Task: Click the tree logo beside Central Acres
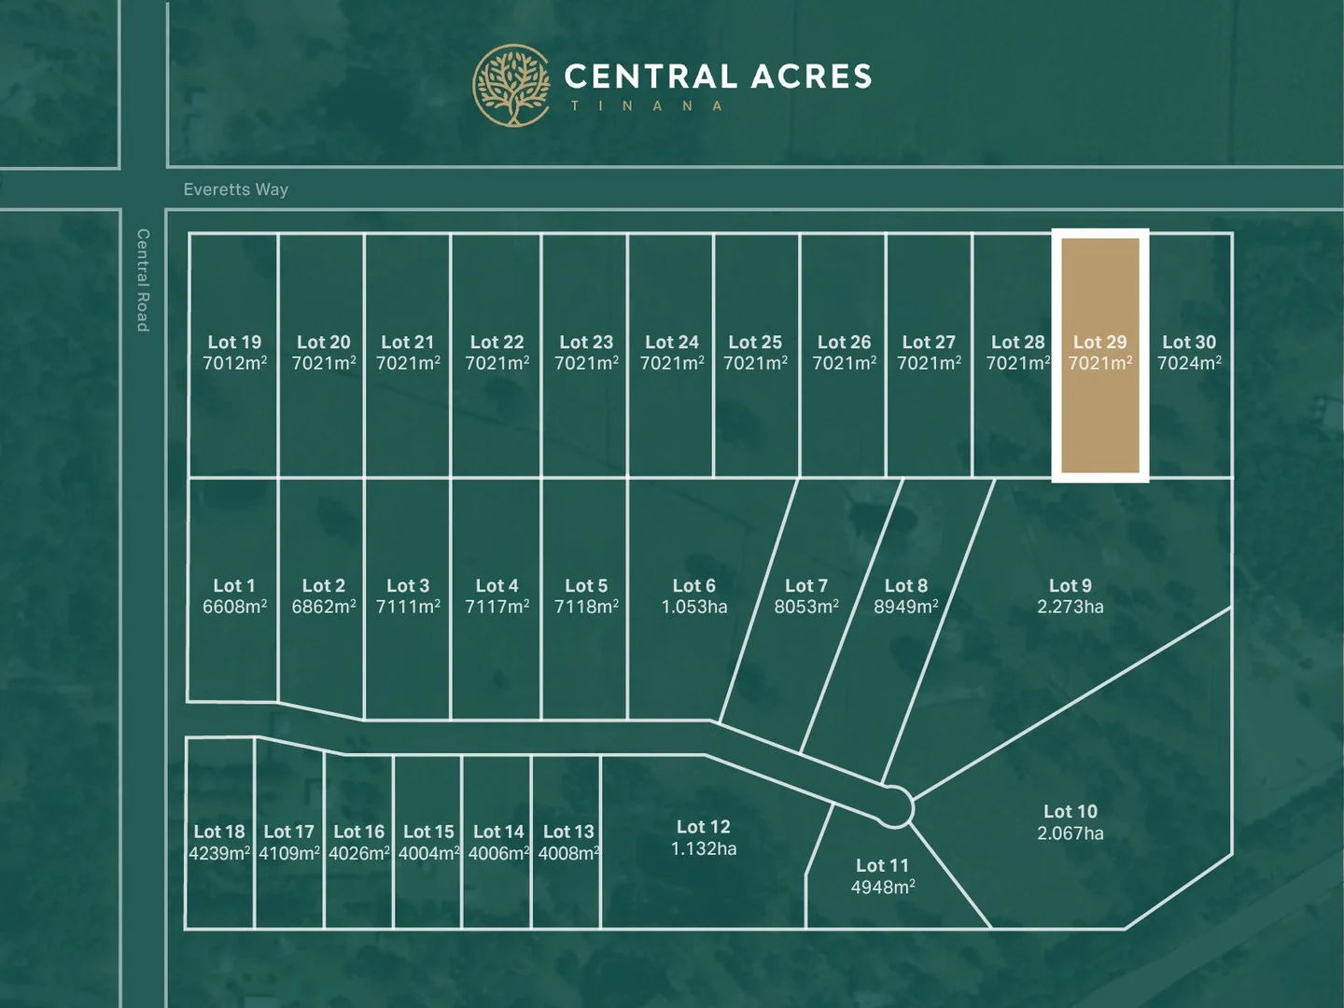point(511,85)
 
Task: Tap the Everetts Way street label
point(235,189)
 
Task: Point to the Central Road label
point(143,280)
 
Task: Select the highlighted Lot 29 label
point(1099,343)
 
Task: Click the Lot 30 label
point(1189,343)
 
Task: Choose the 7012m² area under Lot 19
point(234,364)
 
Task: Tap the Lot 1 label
point(234,586)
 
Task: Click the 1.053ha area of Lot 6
point(693,608)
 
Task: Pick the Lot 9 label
point(1070,586)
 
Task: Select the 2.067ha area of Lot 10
point(1070,833)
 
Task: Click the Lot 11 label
point(882,866)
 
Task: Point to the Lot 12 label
point(703,827)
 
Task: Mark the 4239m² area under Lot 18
point(219,854)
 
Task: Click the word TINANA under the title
point(647,106)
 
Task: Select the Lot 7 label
point(805,586)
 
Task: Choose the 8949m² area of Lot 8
point(905,608)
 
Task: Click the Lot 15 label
point(428,832)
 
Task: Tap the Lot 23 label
point(586,343)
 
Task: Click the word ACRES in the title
point(810,77)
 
